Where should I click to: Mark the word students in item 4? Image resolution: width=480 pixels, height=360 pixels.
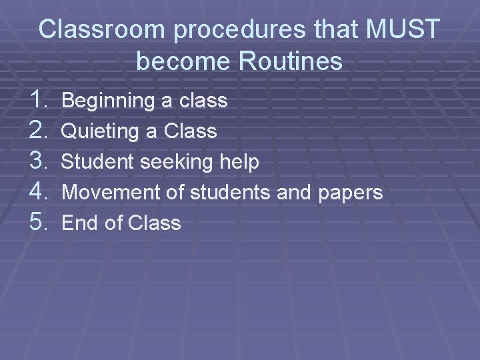point(231,193)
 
